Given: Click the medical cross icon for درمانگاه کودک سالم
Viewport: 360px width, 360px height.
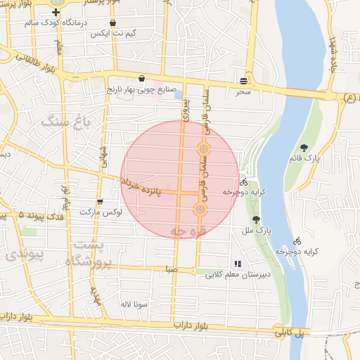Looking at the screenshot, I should point(56,12).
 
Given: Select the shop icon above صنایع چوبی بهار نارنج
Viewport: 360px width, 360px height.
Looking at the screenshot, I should point(143,78).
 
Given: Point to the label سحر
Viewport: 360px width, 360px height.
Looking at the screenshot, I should point(243,92).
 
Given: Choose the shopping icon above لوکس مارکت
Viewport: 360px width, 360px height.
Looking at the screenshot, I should point(99,202).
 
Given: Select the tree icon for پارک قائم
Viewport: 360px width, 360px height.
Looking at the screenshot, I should point(304,147).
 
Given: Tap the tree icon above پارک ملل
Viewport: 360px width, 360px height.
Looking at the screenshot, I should point(255,219).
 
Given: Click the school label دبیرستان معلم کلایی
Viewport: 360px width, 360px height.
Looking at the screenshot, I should point(233,275).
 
